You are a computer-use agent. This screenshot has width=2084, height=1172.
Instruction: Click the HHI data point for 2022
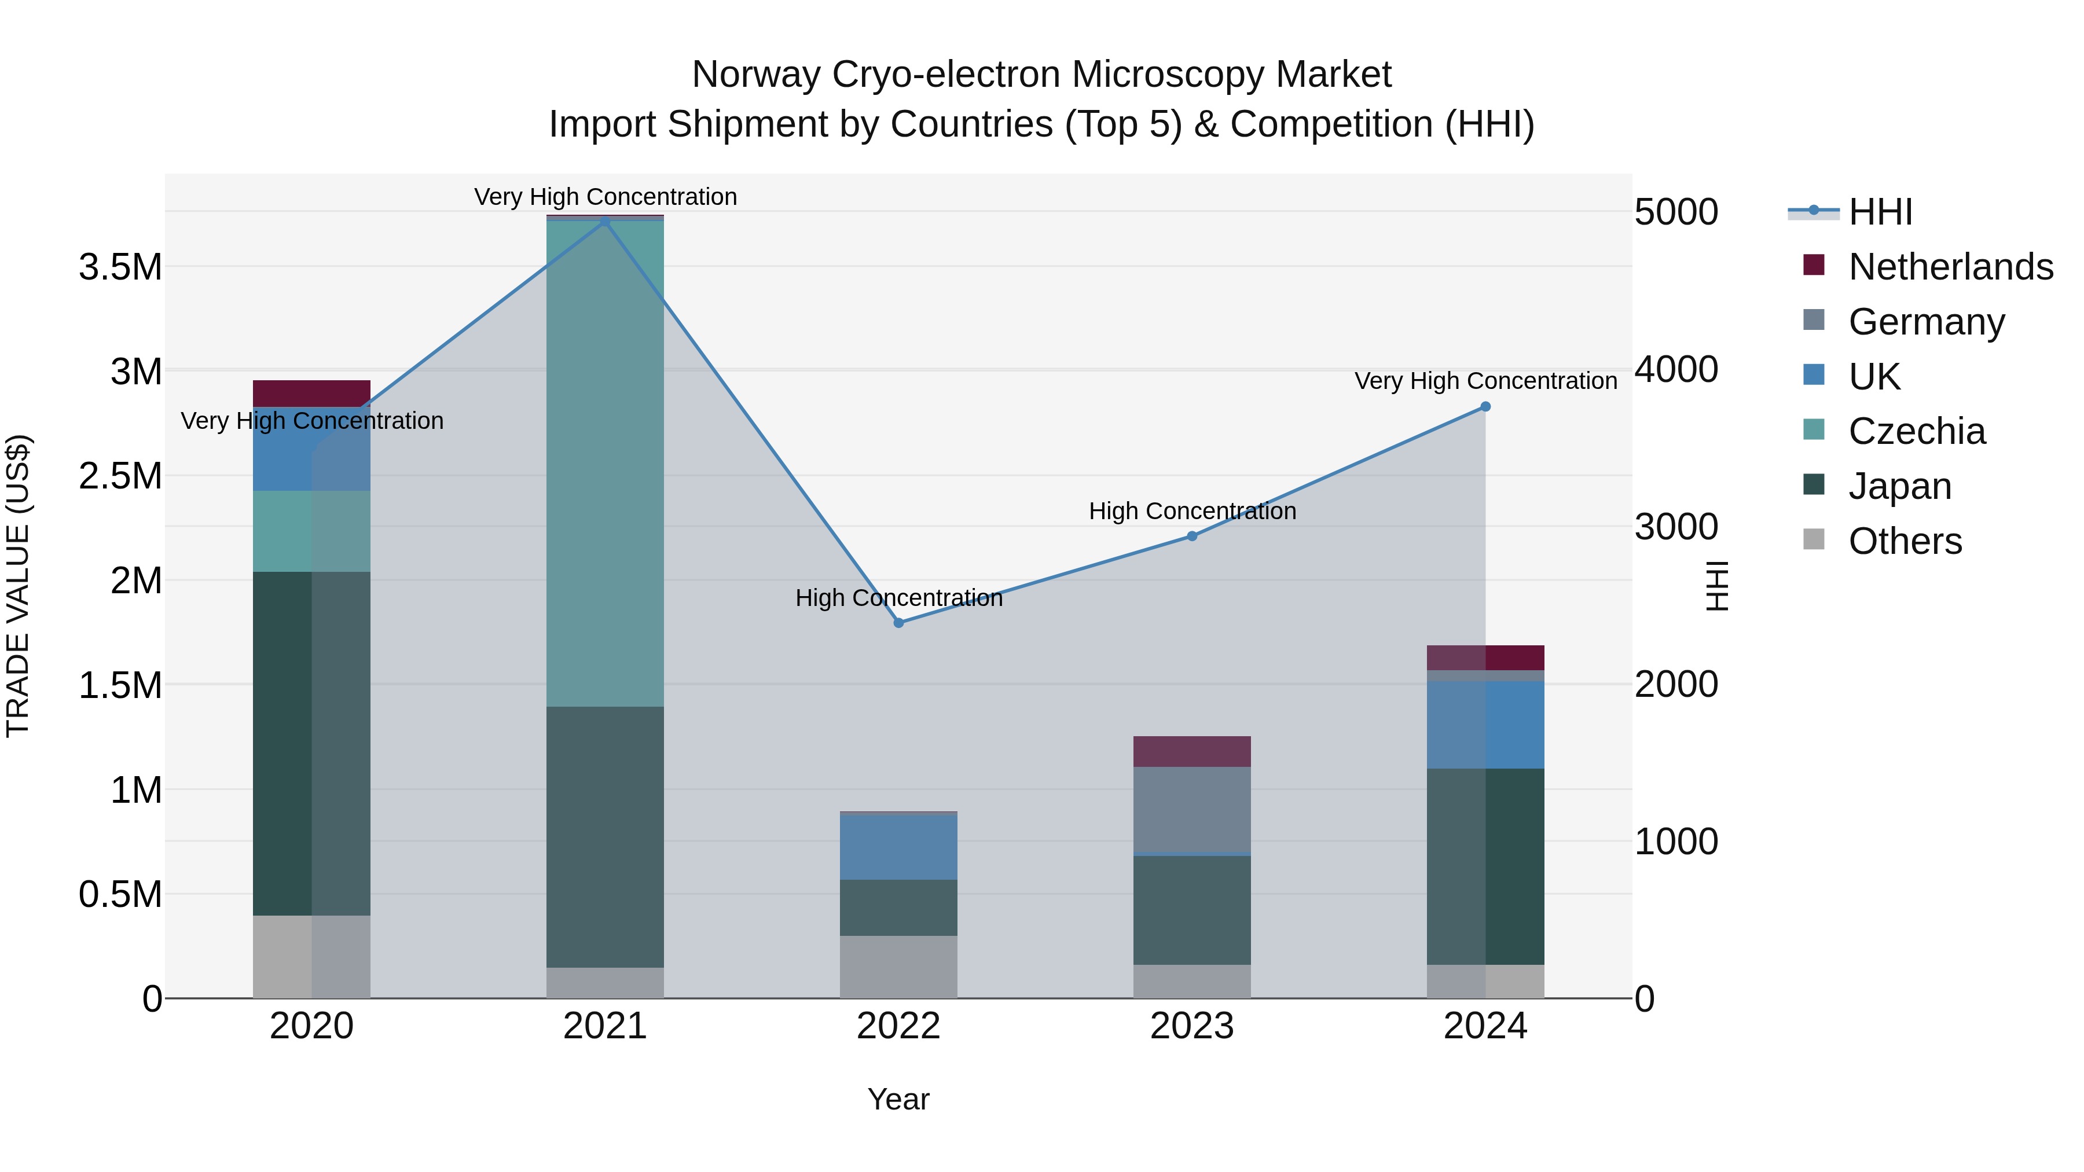[x=898, y=623]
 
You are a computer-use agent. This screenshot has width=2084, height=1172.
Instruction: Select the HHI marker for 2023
[x=1192, y=535]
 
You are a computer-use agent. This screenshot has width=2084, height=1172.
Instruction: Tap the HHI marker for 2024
[x=1485, y=407]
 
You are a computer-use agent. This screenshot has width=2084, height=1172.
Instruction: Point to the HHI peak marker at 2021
[x=605, y=221]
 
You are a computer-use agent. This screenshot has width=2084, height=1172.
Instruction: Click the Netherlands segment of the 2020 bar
[x=311, y=393]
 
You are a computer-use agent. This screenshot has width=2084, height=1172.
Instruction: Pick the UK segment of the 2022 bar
[x=898, y=846]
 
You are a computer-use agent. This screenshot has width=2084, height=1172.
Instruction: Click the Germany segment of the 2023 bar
[x=1192, y=809]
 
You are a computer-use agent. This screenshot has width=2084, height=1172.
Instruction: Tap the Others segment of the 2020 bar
[x=311, y=956]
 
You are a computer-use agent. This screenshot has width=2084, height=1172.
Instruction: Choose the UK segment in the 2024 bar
[x=1485, y=724]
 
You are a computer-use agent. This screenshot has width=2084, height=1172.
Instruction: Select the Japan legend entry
[x=1899, y=486]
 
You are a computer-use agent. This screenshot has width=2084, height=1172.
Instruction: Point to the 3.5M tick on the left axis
[x=120, y=267]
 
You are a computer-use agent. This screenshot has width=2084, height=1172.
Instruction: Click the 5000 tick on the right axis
[x=1675, y=212]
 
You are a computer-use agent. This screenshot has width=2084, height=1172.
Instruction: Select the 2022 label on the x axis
[x=898, y=1026]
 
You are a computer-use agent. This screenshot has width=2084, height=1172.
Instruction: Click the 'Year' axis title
[x=898, y=1099]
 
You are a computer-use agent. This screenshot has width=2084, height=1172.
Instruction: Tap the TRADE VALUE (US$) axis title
[x=18, y=586]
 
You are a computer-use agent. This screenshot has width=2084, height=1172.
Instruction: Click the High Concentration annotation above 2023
[x=1192, y=511]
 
